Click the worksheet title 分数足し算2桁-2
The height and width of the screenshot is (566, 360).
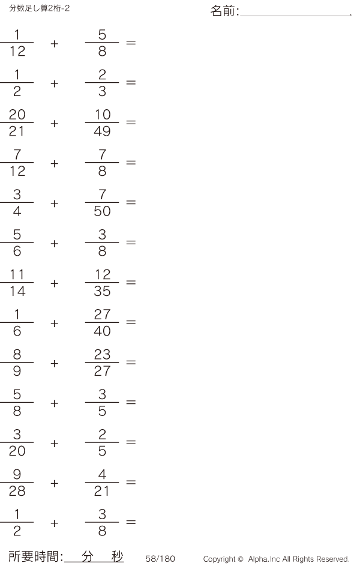pos(40,8)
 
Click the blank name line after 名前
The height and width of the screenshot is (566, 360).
pos(296,16)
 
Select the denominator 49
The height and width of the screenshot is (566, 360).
pos(102,131)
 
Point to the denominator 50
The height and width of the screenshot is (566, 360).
pos(102,211)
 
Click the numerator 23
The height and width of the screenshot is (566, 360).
pos(102,354)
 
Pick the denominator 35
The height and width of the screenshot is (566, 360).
pos(102,291)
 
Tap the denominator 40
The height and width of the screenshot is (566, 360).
pos(102,331)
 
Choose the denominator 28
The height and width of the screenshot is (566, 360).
pos(17,491)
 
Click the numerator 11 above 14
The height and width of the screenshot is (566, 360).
pos(17,274)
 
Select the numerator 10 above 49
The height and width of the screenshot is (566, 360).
pos(103,115)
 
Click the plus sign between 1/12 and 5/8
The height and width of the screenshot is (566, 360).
pos(55,44)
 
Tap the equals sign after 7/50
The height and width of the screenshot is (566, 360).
pos(131,202)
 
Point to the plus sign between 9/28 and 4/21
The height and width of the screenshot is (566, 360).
pos(55,483)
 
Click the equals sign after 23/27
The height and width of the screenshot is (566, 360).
pos(131,362)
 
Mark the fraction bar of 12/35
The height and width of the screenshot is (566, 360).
pos(102,282)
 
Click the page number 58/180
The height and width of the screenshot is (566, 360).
pos(160,558)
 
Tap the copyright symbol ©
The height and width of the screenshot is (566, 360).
pos(240,559)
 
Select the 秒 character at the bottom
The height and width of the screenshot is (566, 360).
pos(117,556)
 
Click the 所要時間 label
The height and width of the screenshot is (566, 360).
pos(33,556)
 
